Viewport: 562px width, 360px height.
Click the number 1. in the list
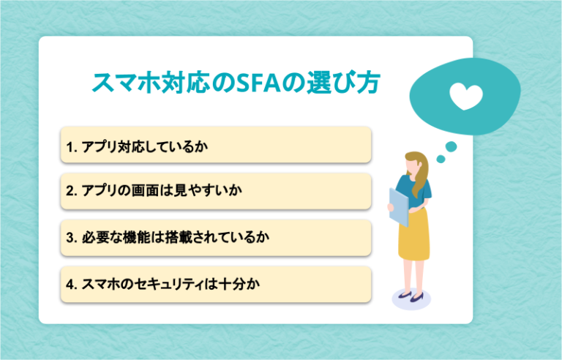pyautogui.click(x=72, y=146)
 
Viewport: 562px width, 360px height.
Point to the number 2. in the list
pyautogui.click(x=72, y=191)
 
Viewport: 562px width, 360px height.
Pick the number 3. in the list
pyautogui.click(x=72, y=238)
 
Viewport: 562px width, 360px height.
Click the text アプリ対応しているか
pyautogui.click(x=146, y=146)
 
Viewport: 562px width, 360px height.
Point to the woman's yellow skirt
pyautogui.click(x=415, y=241)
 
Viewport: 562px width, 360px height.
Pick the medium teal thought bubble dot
pyautogui.click(x=451, y=146)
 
